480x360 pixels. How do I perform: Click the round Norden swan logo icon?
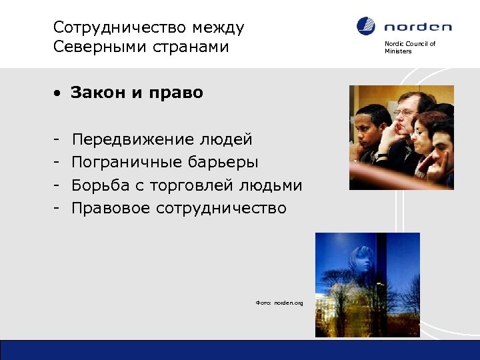(366, 26)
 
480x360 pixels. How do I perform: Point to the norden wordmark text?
(417, 27)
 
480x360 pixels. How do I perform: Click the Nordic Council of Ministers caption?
(409, 47)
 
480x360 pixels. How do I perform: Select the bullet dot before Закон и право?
(59, 93)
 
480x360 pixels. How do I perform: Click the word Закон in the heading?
(98, 93)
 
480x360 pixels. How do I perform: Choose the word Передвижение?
(132, 140)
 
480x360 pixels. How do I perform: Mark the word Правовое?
(111, 208)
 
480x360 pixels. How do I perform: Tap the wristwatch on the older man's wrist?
(383, 155)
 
